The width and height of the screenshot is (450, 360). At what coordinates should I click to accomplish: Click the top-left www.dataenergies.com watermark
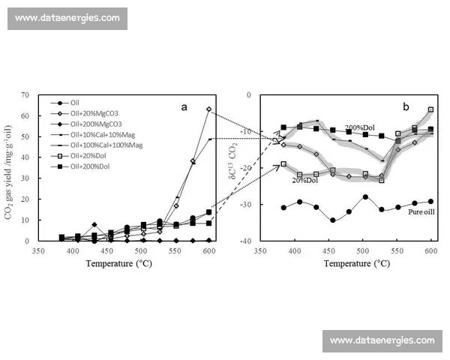click(67, 17)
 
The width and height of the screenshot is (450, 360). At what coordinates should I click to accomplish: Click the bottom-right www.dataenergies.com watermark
click(382, 340)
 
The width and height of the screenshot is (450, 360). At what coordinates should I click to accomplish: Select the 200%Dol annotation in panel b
click(361, 127)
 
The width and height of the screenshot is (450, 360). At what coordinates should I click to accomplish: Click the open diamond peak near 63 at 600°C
click(208, 109)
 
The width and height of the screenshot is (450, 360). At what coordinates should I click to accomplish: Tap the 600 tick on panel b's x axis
click(430, 250)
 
